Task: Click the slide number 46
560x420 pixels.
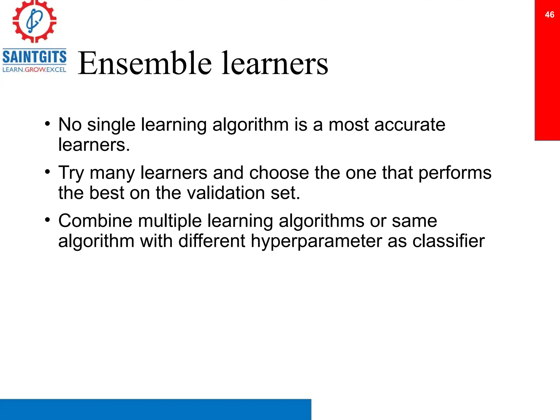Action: (549, 14)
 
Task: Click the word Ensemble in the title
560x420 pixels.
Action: (145, 63)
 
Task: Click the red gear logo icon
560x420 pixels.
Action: (34, 21)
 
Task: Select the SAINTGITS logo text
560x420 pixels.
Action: (34, 57)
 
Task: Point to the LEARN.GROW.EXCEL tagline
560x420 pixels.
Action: (34, 70)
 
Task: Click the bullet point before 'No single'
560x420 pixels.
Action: (48, 124)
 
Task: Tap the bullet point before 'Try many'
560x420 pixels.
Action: (48, 172)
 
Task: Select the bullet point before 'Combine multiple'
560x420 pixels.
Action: (48, 220)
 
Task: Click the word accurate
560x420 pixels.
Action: (409, 125)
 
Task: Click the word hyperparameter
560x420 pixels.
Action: (316, 241)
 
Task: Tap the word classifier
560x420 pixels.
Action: (448, 241)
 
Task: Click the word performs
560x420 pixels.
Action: (455, 173)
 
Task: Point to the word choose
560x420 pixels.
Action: (279, 173)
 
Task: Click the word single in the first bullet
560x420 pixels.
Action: (111, 125)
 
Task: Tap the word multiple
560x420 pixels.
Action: (170, 221)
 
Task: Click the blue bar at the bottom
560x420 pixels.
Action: (155, 409)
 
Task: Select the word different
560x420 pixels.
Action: (212, 241)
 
